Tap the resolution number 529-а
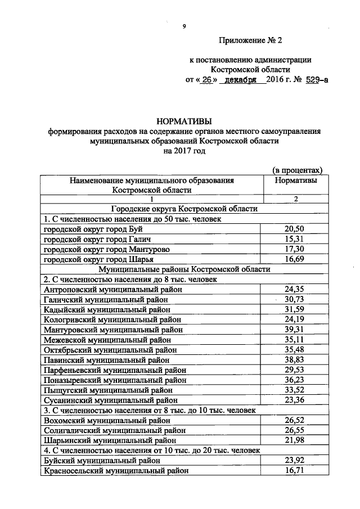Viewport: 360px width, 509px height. (317, 80)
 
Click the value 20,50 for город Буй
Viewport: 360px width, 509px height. (295, 229)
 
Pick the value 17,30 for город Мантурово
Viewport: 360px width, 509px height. (295, 249)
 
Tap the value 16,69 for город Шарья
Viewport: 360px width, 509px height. (295, 259)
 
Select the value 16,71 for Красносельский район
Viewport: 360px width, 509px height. (295, 470)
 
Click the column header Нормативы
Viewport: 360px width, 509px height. (295, 181)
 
